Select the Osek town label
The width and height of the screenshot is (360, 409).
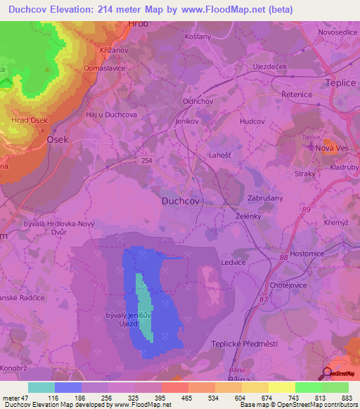coord(58,140)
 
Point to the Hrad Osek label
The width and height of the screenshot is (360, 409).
coord(30,121)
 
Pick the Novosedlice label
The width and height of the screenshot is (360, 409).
coord(323,32)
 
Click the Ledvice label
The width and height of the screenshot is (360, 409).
coord(233,262)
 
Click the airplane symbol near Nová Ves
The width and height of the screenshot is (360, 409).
coord(313,145)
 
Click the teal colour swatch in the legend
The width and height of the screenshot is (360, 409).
coord(41,387)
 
